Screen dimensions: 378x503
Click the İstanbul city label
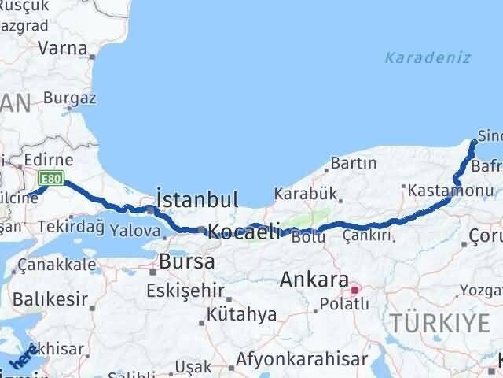[x=197, y=199]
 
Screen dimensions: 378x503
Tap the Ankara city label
[x=315, y=280]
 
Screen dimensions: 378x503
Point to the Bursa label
[x=187, y=261]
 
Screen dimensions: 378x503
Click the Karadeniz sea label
[x=428, y=57]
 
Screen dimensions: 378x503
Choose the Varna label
[x=64, y=48]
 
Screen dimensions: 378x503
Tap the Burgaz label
[x=70, y=98]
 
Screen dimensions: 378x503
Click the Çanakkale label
[x=57, y=264]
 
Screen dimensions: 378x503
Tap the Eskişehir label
[x=185, y=290]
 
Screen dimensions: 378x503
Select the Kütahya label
[x=241, y=315]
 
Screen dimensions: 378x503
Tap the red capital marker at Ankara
[x=354, y=290]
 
